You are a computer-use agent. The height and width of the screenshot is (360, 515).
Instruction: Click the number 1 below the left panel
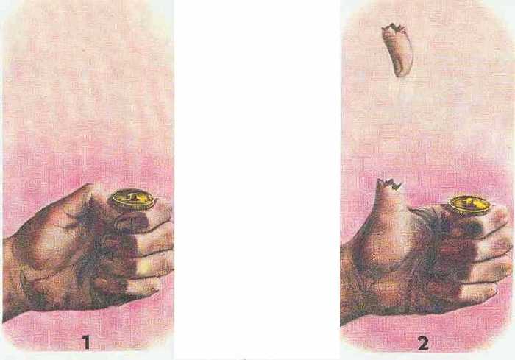(x=86, y=342)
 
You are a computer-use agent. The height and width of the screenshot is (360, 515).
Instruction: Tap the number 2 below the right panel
(x=423, y=344)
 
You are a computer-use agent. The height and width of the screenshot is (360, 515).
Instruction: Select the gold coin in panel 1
(x=133, y=200)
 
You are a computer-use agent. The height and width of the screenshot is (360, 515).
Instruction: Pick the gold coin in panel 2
(x=469, y=205)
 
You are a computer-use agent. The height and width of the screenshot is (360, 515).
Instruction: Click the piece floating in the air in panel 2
(x=397, y=49)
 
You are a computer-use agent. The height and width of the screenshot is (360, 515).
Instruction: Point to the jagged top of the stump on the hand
(x=389, y=184)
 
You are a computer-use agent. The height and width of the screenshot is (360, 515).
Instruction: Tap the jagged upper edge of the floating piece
(x=394, y=28)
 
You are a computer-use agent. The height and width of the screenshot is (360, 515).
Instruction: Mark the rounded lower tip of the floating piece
(x=402, y=72)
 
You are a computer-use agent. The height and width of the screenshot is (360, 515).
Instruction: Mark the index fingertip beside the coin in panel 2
(x=500, y=216)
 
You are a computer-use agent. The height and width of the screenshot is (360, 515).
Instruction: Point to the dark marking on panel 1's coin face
(x=133, y=197)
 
